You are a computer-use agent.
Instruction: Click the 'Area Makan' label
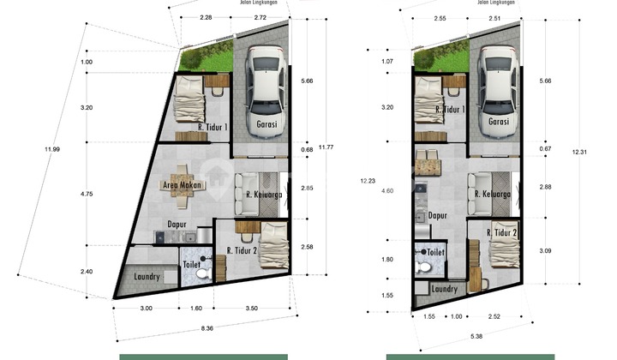tap(182, 184)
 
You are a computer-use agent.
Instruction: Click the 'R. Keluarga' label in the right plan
tap(492, 195)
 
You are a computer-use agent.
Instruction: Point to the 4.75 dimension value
tap(87, 195)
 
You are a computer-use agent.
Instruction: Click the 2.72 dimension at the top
tap(260, 16)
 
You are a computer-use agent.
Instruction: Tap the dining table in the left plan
tap(182, 185)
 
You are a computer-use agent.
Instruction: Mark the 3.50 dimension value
tap(251, 308)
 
